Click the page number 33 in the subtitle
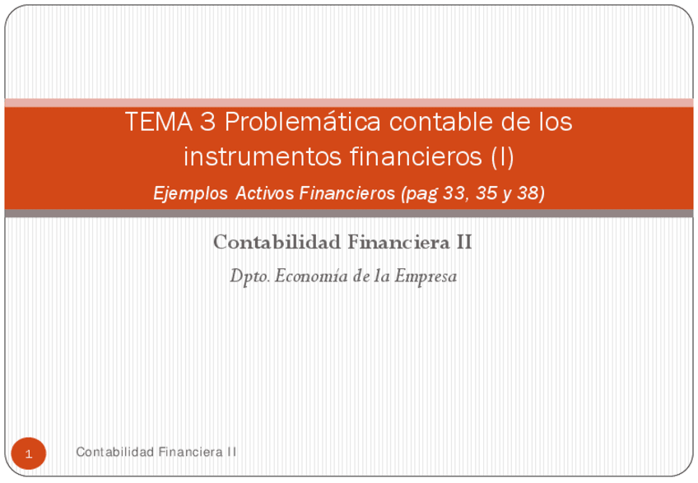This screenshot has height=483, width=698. pos(453,193)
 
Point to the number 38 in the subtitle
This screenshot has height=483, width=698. pos(530,193)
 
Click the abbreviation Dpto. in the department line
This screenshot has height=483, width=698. pos(249,276)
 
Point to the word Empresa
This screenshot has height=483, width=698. pos(426,276)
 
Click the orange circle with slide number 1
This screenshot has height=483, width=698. pos(29,453)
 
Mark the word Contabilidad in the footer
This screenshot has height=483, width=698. pos(114,452)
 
